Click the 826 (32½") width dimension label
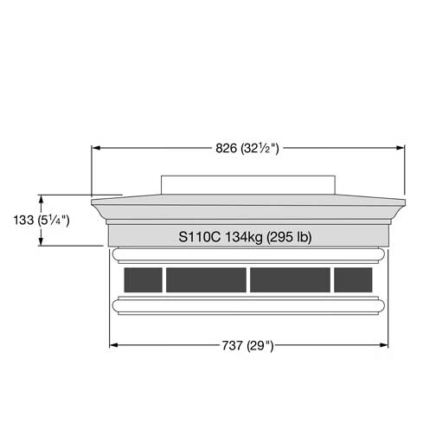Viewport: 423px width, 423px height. tap(247, 149)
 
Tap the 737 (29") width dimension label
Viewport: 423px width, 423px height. tap(247, 345)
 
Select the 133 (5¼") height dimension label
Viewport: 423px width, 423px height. tap(42, 221)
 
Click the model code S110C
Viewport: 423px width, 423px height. tap(200, 237)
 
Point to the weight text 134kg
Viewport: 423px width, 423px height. tap(244, 237)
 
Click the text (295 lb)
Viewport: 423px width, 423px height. tap(289, 237)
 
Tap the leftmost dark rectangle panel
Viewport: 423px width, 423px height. tap(143, 279)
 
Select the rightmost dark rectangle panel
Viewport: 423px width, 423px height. tap(353, 279)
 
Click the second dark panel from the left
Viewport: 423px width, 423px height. tap(206, 279)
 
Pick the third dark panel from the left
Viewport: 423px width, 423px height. tap(290, 279)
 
